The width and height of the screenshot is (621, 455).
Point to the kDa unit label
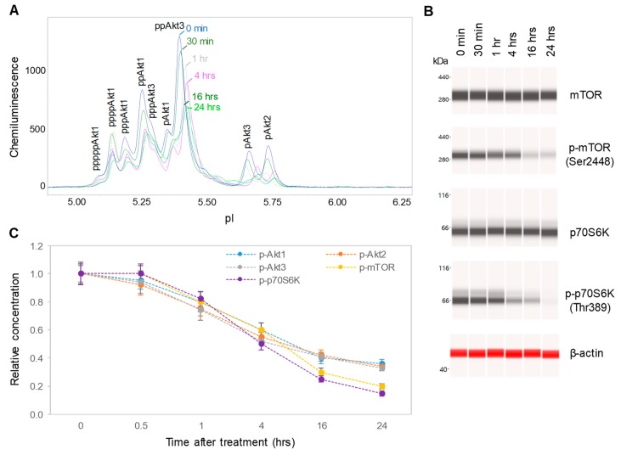441,62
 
